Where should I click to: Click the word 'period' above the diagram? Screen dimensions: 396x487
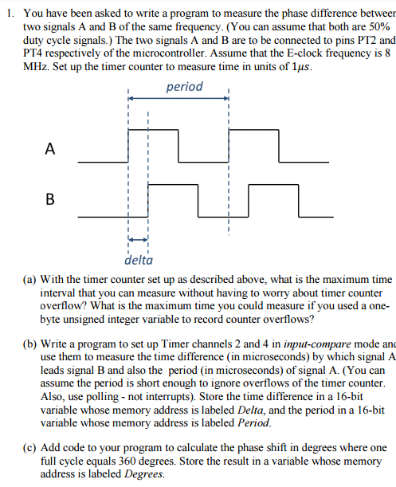pos(185,86)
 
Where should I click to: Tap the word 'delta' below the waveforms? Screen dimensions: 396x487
pos(139,258)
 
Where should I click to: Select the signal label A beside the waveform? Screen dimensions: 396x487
pos(50,148)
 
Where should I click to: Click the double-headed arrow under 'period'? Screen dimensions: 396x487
pos(178,98)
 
